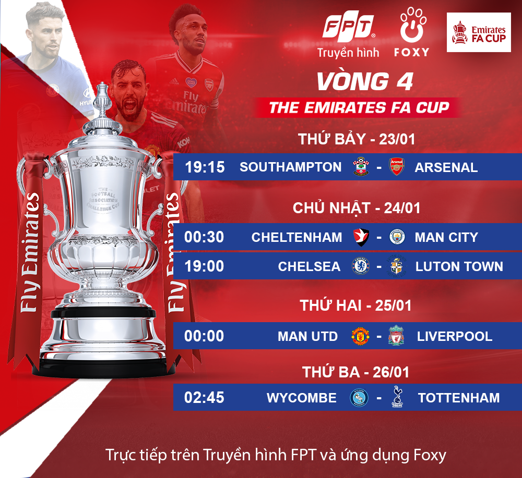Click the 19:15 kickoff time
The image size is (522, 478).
(x=205, y=167)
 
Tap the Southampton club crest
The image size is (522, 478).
(x=360, y=166)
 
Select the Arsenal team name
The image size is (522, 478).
(x=446, y=167)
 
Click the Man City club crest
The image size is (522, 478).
(x=397, y=237)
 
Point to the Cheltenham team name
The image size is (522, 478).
(x=296, y=237)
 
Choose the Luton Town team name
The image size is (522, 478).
(x=459, y=266)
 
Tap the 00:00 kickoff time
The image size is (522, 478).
(x=204, y=336)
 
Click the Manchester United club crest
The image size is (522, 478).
(x=360, y=336)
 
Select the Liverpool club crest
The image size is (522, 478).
(x=396, y=336)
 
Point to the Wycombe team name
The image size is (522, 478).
(x=301, y=398)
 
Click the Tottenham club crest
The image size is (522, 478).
(x=396, y=398)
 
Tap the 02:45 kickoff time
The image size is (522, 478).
(x=204, y=398)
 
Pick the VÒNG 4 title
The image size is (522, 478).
(x=365, y=82)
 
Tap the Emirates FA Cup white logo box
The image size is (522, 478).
(x=479, y=32)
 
